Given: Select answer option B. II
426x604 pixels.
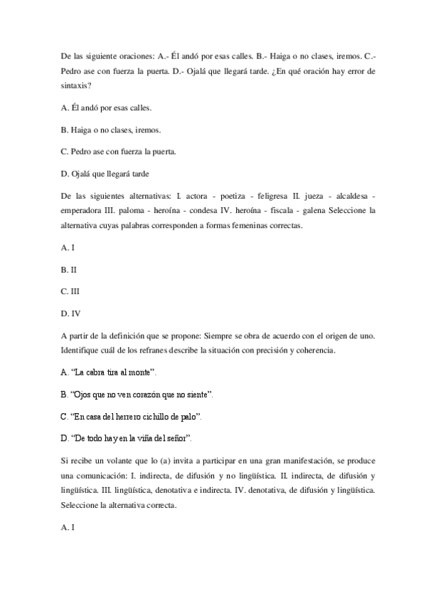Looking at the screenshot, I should point(69,270).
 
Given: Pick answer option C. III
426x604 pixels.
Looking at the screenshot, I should point(70,291).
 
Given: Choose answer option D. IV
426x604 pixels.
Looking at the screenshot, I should point(70,313).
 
